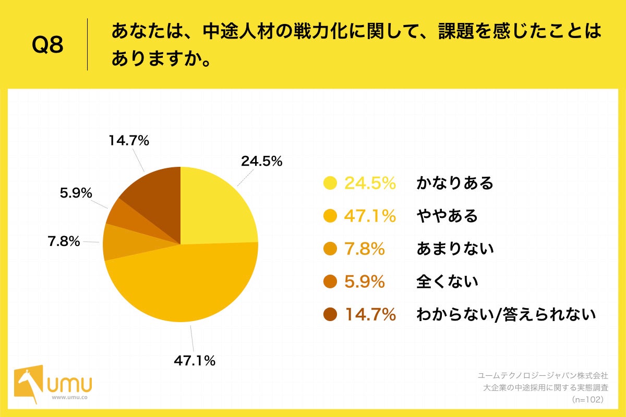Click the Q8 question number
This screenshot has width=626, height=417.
pos(47,45)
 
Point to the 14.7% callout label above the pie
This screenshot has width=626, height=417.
pos(129,140)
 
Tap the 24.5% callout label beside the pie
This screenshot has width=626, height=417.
pos(261,161)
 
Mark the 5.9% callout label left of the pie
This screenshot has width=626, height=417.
pos(76,193)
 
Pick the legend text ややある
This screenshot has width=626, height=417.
pos(447,216)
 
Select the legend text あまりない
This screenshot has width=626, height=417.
pos(454,249)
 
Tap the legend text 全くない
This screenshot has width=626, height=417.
pos(447,282)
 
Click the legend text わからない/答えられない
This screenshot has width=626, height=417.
pos(505,315)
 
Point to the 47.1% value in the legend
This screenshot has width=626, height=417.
pos(370,216)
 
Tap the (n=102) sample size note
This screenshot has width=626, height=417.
pos(588,399)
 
